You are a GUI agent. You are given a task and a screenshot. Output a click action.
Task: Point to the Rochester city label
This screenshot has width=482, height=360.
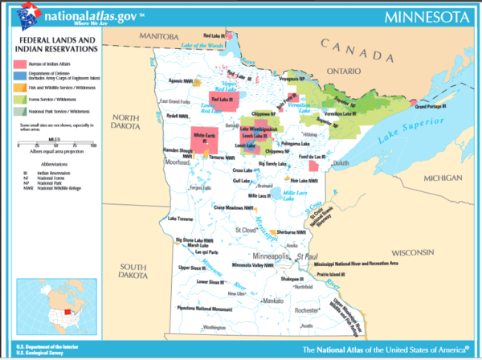[x=304, y=311]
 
